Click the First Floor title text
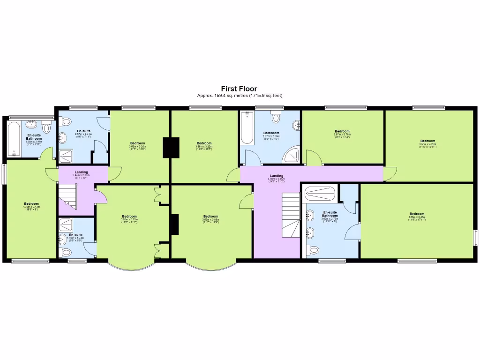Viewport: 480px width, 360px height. pyautogui.click(x=239, y=89)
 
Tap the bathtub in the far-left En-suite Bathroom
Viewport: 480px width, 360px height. pyautogui.click(x=14, y=138)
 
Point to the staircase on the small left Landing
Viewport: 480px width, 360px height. pyautogui.click(x=67, y=196)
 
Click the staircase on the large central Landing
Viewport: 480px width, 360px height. pyautogui.click(x=291, y=216)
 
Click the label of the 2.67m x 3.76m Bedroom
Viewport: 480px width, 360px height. pyautogui.click(x=342, y=133)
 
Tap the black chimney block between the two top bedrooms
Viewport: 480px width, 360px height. pyautogui.click(x=171, y=147)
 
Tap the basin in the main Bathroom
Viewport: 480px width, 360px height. pyautogui.click(x=296, y=125)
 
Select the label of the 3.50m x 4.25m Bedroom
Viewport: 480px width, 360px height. pyautogui.click(x=427, y=142)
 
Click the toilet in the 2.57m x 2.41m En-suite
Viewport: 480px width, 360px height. pyautogui.click(x=65, y=120)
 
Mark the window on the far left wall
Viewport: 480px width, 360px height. pyautogui.click(x=4, y=173)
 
